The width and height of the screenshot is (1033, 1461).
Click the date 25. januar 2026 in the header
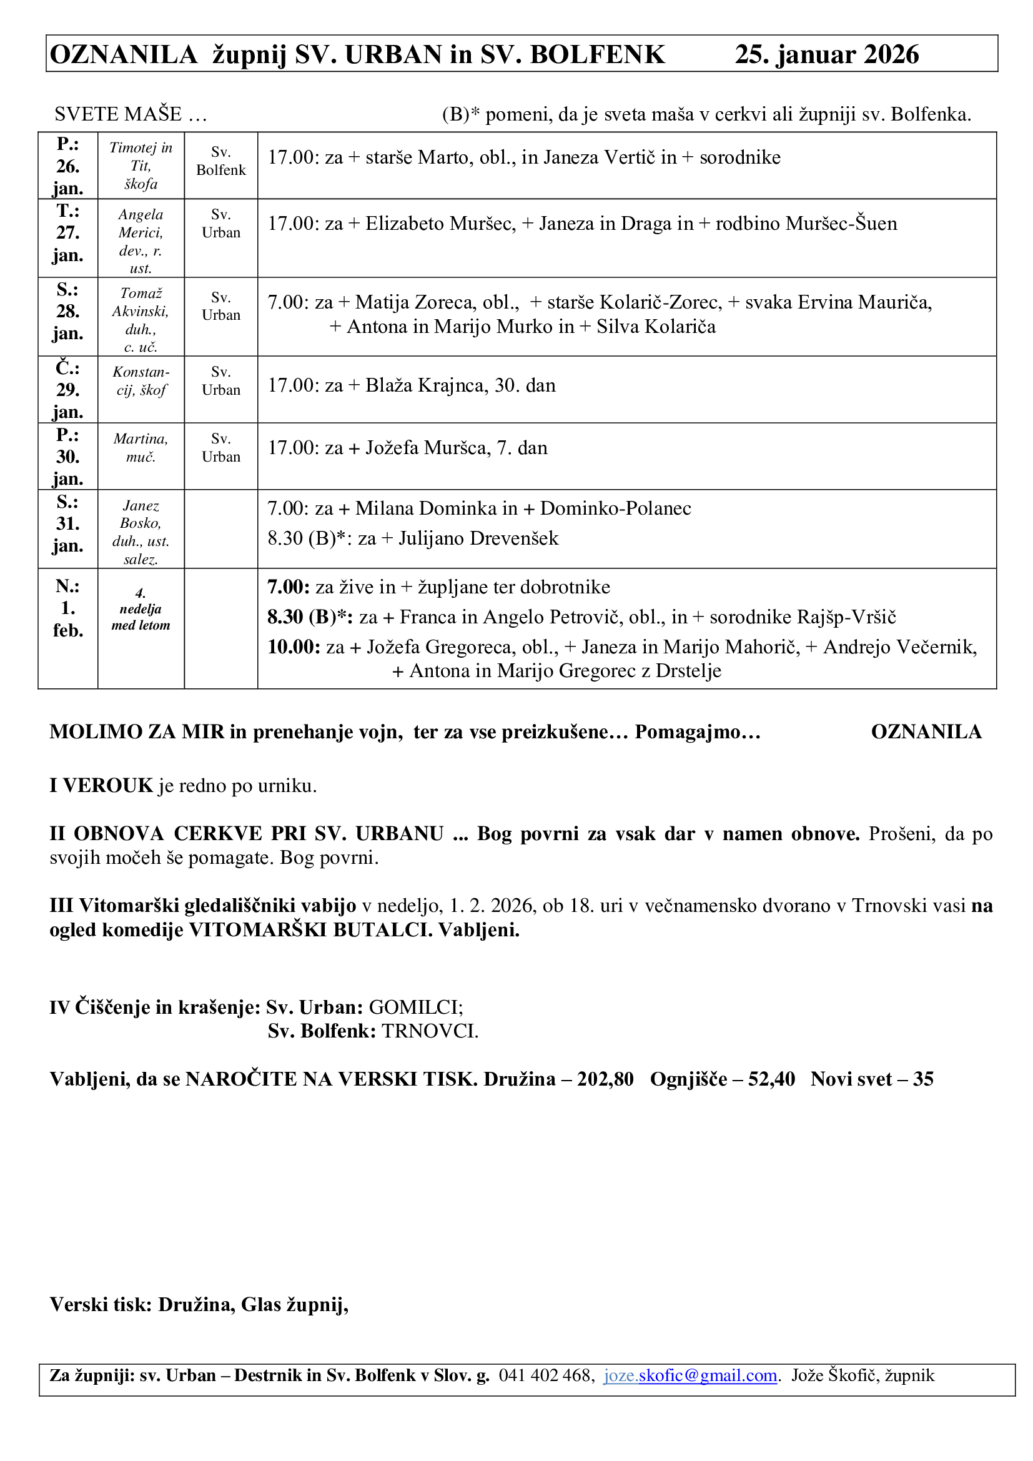click(x=826, y=55)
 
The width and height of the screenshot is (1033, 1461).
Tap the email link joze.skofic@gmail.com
click(x=690, y=1375)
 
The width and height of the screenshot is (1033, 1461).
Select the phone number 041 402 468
click(x=546, y=1375)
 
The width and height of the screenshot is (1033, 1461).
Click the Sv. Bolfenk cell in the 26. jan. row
click(x=220, y=161)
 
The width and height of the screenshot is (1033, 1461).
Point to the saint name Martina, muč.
click(x=141, y=448)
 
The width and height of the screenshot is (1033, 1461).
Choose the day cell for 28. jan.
click(x=67, y=312)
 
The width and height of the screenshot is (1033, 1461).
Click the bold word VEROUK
click(x=107, y=786)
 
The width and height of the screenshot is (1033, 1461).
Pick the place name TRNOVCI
click(x=429, y=1031)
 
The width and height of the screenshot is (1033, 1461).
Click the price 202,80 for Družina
click(x=605, y=1079)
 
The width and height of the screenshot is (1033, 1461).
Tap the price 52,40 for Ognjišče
click(x=771, y=1079)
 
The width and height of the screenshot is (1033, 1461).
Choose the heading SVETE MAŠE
click(x=118, y=114)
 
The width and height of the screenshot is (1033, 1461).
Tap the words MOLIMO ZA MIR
click(x=137, y=732)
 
